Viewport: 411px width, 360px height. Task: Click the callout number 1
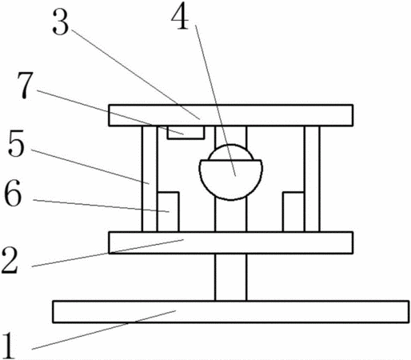(10, 346)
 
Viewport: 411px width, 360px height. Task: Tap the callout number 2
(10, 260)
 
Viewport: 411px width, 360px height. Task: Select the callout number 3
(61, 22)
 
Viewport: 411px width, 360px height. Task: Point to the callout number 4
(180, 16)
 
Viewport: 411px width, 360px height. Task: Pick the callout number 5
(16, 143)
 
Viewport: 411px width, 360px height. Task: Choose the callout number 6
(13, 193)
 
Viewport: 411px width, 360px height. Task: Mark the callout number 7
(25, 85)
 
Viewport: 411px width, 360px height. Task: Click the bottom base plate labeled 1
(231, 312)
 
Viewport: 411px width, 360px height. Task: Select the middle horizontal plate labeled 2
(231, 242)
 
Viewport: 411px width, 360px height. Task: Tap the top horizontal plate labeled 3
(231, 115)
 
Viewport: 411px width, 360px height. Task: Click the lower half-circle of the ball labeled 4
(231, 180)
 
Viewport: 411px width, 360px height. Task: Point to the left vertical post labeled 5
(150, 178)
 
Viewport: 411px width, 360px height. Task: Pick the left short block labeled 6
(169, 212)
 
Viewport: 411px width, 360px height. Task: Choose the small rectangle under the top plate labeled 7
(186, 132)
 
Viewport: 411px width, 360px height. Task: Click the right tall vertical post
(312, 178)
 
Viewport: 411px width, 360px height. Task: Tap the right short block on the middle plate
(293, 212)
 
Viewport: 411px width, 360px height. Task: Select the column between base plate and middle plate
(231, 277)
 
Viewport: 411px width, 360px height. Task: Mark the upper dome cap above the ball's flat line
(231, 153)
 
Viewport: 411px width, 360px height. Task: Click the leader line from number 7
(110, 112)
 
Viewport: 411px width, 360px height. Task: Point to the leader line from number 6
(102, 206)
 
